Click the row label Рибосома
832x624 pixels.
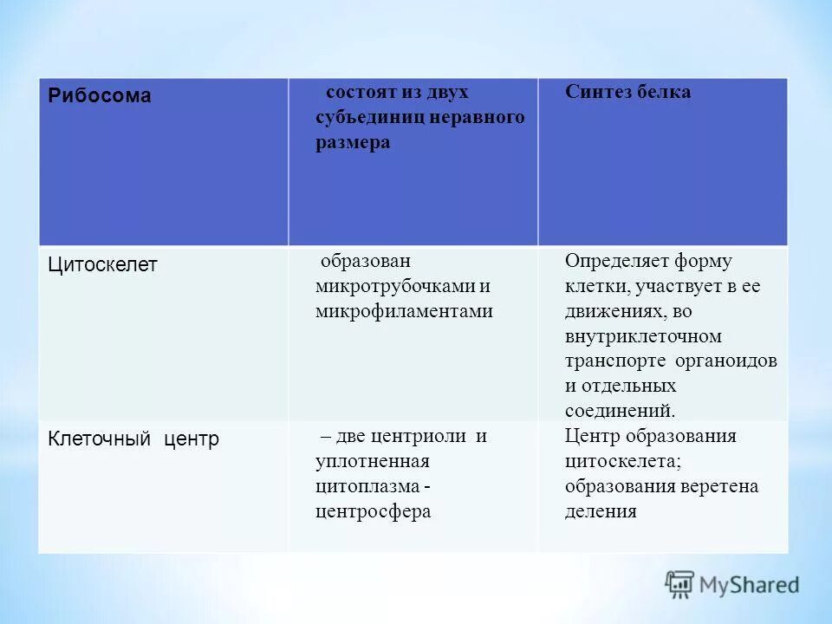pos(99,96)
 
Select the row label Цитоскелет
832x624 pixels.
pos(102,264)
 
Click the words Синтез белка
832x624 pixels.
pos(628,92)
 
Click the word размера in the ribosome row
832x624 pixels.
pos(352,143)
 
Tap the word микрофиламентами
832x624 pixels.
pos(404,311)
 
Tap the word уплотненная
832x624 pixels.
pos(373,461)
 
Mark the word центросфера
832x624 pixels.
pos(374,511)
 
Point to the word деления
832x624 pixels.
pos(601,511)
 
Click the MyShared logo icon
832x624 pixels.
pos(680,584)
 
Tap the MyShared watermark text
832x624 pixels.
pos(749,585)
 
